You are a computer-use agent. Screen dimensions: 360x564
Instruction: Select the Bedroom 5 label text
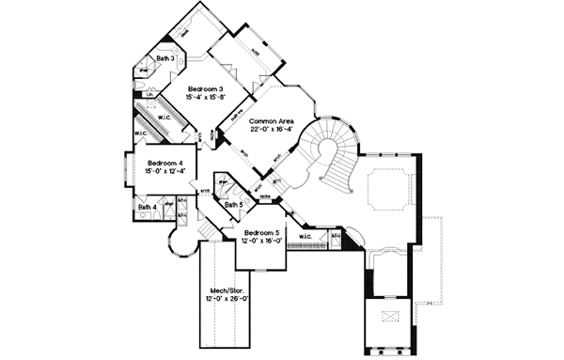click(258, 232)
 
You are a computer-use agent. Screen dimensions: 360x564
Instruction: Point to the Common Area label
click(268, 122)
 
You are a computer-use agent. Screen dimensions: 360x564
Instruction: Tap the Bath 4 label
click(146, 208)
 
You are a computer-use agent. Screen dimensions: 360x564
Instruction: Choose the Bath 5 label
click(235, 204)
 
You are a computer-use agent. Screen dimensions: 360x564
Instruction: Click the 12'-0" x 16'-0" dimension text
click(258, 241)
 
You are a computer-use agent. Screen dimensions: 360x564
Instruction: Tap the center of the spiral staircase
click(329, 150)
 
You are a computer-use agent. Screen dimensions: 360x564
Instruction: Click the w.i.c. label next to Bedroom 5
click(305, 236)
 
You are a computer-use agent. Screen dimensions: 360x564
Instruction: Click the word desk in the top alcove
click(184, 29)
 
